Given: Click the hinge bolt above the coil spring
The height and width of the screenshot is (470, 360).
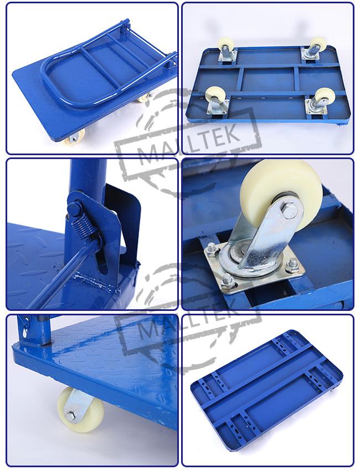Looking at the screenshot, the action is click(75, 208).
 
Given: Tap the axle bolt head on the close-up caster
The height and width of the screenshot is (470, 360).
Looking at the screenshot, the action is click(289, 212).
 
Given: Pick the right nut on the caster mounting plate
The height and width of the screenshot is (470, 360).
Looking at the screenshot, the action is click(292, 265).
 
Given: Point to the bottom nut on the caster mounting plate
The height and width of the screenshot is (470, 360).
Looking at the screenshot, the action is click(227, 281).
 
